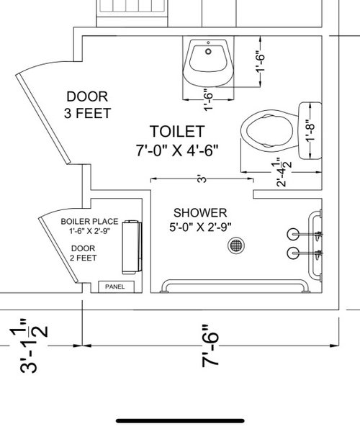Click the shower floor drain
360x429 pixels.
click(x=236, y=245)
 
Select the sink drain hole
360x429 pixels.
click(x=208, y=51)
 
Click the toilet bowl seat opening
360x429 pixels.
click(x=269, y=130)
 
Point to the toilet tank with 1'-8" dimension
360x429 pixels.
click(x=310, y=130)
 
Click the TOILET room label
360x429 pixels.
click(x=177, y=131)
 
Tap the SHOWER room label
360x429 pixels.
click(x=200, y=212)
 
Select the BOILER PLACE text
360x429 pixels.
click(x=89, y=222)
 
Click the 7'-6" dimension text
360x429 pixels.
click(x=210, y=346)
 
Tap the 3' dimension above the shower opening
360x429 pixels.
click(x=202, y=179)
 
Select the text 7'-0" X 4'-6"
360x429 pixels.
click(x=177, y=150)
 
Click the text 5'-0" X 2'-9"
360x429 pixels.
click(x=200, y=227)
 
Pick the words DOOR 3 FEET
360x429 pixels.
click(x=87, y=105)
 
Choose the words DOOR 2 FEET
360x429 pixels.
click(x=83, y=253)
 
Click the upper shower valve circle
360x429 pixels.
click(x=293, y=234)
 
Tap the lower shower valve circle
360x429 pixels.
click(x=293, y=253)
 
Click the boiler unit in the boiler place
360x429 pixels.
click(x=132, y=247)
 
